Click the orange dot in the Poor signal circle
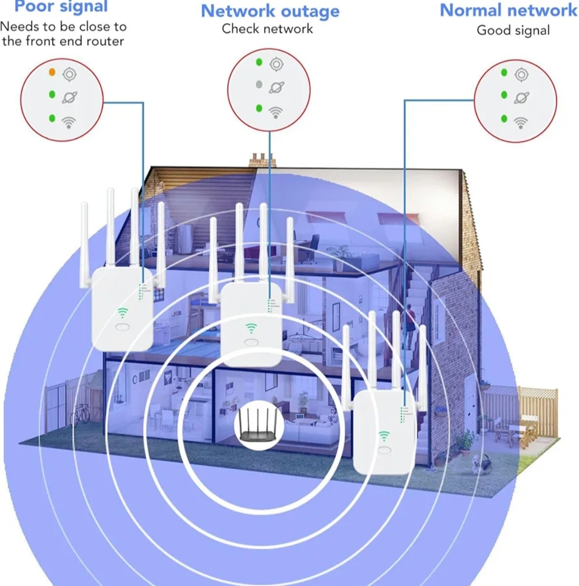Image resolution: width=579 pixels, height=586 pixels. tap(52, 71)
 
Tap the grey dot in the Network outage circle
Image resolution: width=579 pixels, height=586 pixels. tap(259, 84)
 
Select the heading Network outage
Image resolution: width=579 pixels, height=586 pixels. tap(270, 11)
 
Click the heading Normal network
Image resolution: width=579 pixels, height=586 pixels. tap(508, 10)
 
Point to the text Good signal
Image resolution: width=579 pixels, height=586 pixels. tap(513, 30)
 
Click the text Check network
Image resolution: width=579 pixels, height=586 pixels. tap(268, 28)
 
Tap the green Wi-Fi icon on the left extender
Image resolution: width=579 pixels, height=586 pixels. tap(123, 312)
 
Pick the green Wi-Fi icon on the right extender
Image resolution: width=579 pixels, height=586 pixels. tap(384, 435)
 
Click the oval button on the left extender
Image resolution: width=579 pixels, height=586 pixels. tap(122, 327)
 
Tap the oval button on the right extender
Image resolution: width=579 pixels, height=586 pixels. tap(384, 450)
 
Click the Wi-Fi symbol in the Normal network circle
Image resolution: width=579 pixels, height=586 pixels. tap(521, 123)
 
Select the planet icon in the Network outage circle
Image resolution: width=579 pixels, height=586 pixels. tap(277, 86)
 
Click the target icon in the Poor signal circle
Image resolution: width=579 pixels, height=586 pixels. tap(69, 74)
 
